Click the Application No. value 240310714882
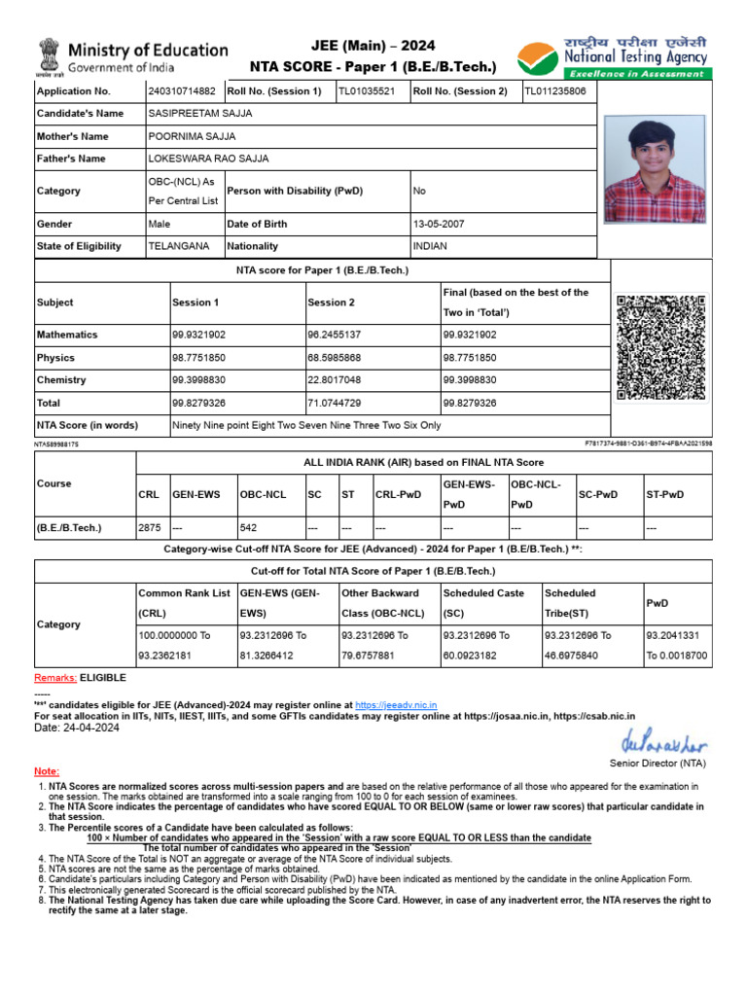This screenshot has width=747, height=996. click(x=182, y=91)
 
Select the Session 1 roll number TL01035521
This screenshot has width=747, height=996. click(x=367, y=91)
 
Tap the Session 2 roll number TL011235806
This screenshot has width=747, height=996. click(x=555, y=91)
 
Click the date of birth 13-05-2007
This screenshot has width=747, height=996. click(x=439, y=224)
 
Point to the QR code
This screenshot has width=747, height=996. click(x=660, y=347)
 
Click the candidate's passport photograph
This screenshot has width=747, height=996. click(x=655, y=169)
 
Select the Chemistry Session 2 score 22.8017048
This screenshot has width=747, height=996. click(x=334, y=380)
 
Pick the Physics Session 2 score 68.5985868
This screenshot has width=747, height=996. click(x=334, y=358)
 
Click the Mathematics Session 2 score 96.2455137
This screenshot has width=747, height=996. click(x=334, y=335)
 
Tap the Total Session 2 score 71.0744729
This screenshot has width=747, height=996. click(x=334, y=403)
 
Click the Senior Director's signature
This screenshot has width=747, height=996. click(x=658, y=742)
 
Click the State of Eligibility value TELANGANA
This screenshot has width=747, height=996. click(x=178, y=246)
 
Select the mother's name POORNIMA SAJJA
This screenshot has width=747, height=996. click(x=192, y=137)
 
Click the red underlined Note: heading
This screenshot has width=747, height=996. click(x=47, y=771)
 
